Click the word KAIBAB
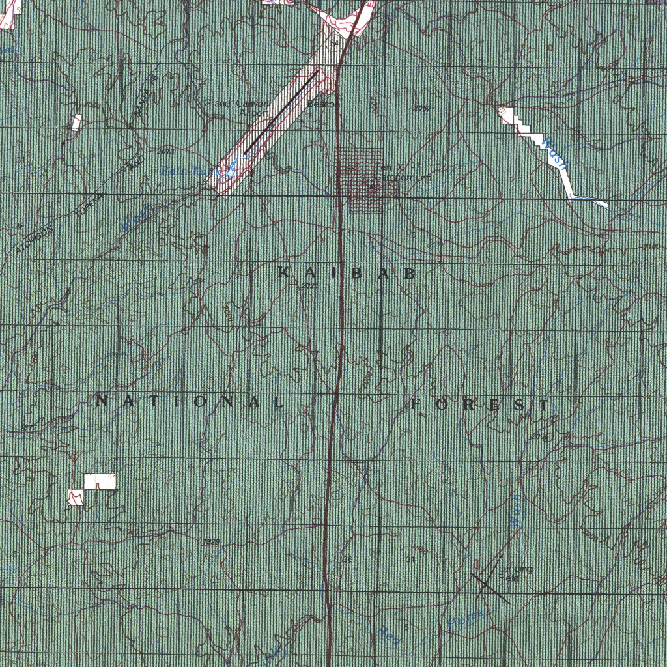coord(347,273)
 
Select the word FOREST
coord(481,405)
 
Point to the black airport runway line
coord(281,112)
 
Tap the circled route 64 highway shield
coord(334,44)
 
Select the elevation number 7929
coord(211,542)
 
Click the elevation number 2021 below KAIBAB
coord(309,285)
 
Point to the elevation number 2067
coord(421,107)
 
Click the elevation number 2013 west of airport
coord(165,151)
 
